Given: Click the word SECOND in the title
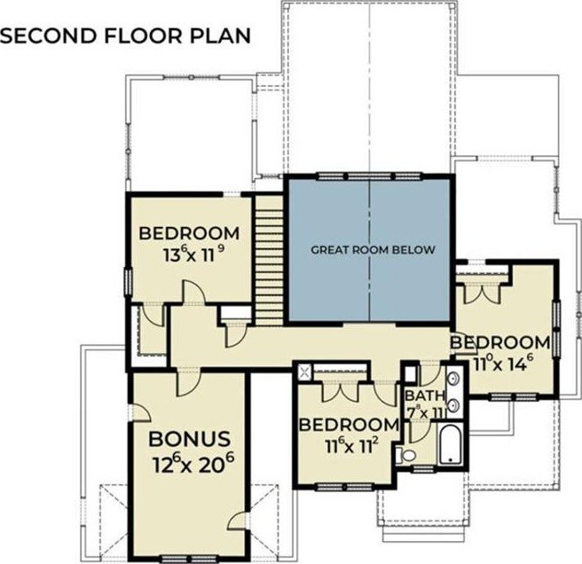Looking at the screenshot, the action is tap(48, 36).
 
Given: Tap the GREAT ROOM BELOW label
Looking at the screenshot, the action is tap(373, 250).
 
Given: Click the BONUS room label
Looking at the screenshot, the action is tap(189, 439).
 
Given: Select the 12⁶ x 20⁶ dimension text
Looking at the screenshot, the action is tap(193, 463).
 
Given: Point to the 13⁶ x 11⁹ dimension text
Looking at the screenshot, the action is tap(193, 255).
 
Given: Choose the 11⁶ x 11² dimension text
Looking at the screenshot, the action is tap(352, 446).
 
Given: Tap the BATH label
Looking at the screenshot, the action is tap(425, 396).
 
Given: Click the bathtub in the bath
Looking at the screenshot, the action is tap(451, 444).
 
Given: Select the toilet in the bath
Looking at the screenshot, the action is tap(405, 455).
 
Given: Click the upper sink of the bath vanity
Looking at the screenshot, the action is tap(453, 379).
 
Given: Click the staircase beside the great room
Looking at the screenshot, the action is tap(269, 261).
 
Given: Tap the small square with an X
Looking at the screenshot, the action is tap(305, 372).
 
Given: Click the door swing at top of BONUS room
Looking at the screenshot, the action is tap(189, 382).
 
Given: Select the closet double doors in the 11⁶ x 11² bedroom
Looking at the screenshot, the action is tap(341, 391).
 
